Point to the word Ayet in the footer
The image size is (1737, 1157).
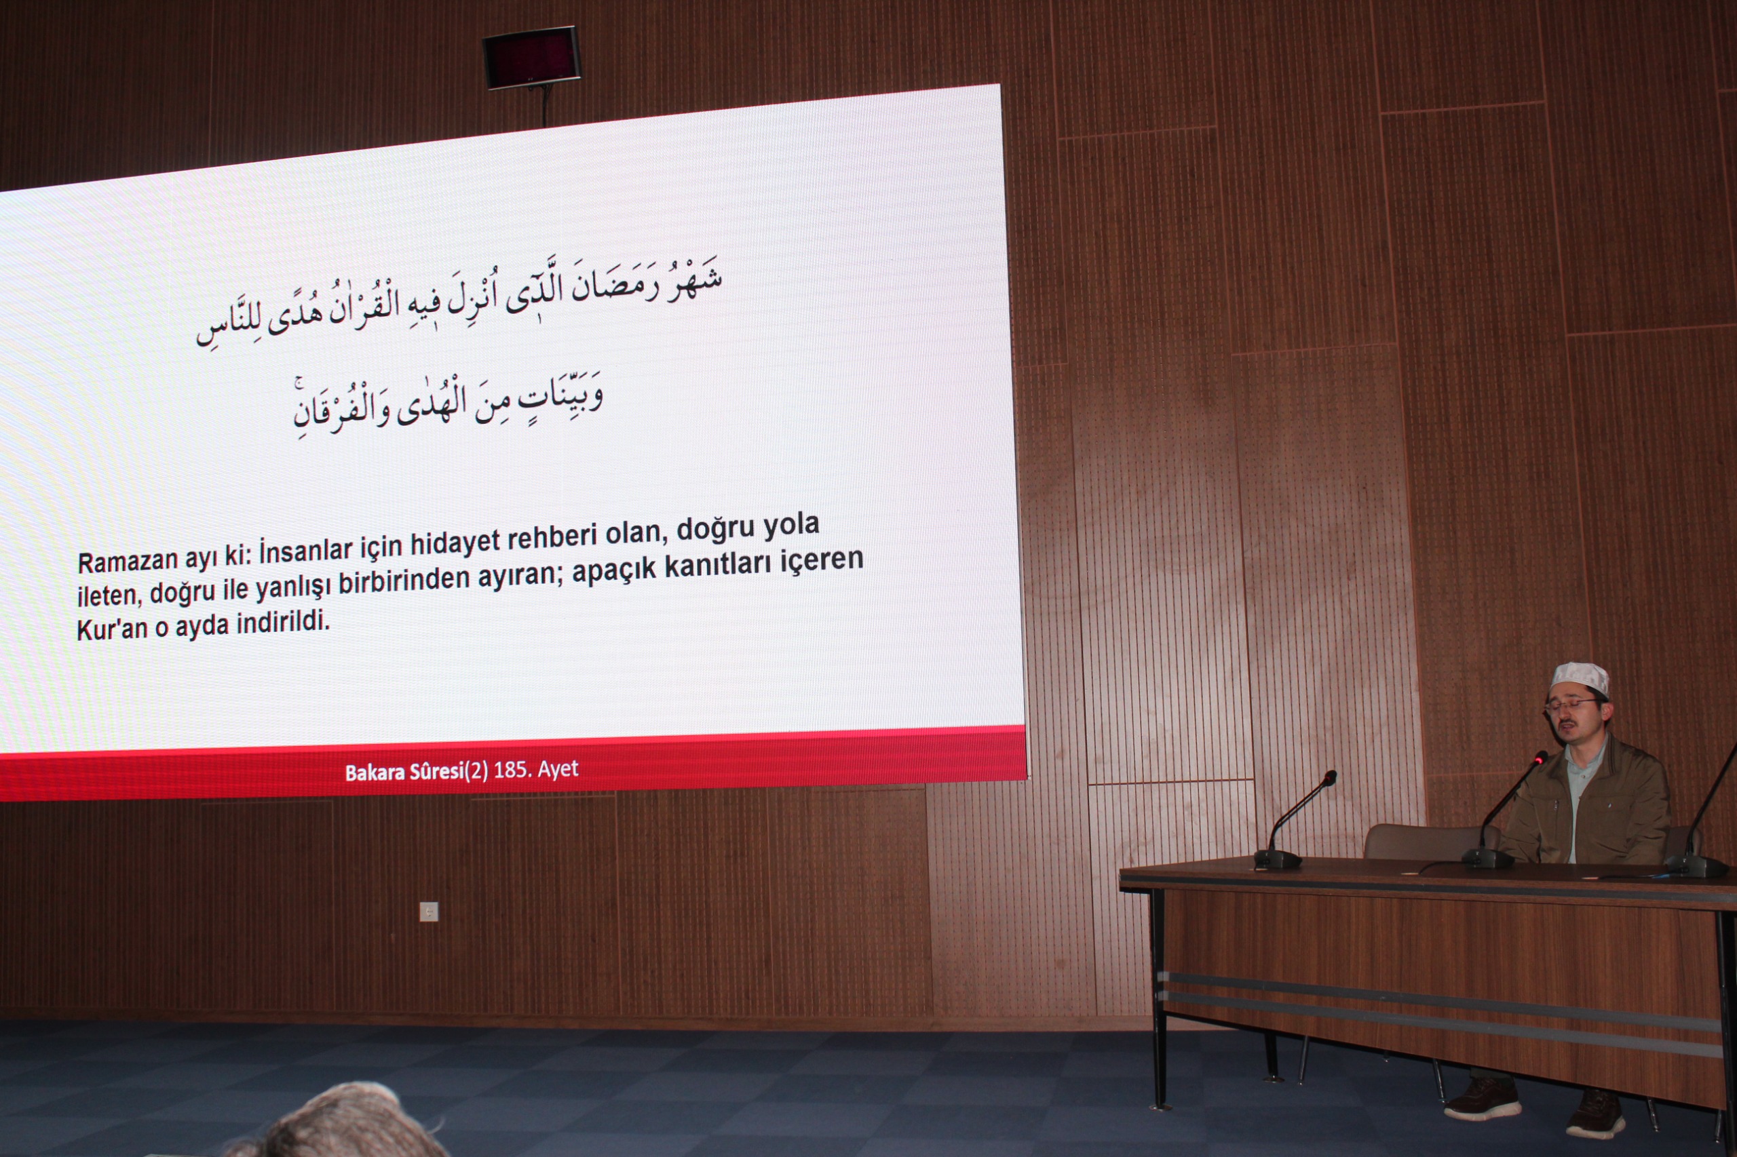(x=558, y=769)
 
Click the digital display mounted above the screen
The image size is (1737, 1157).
(x=531, y=57)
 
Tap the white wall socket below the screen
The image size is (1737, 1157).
(x=429, y=912)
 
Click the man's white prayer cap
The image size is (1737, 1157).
(x=1580, y=678)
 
